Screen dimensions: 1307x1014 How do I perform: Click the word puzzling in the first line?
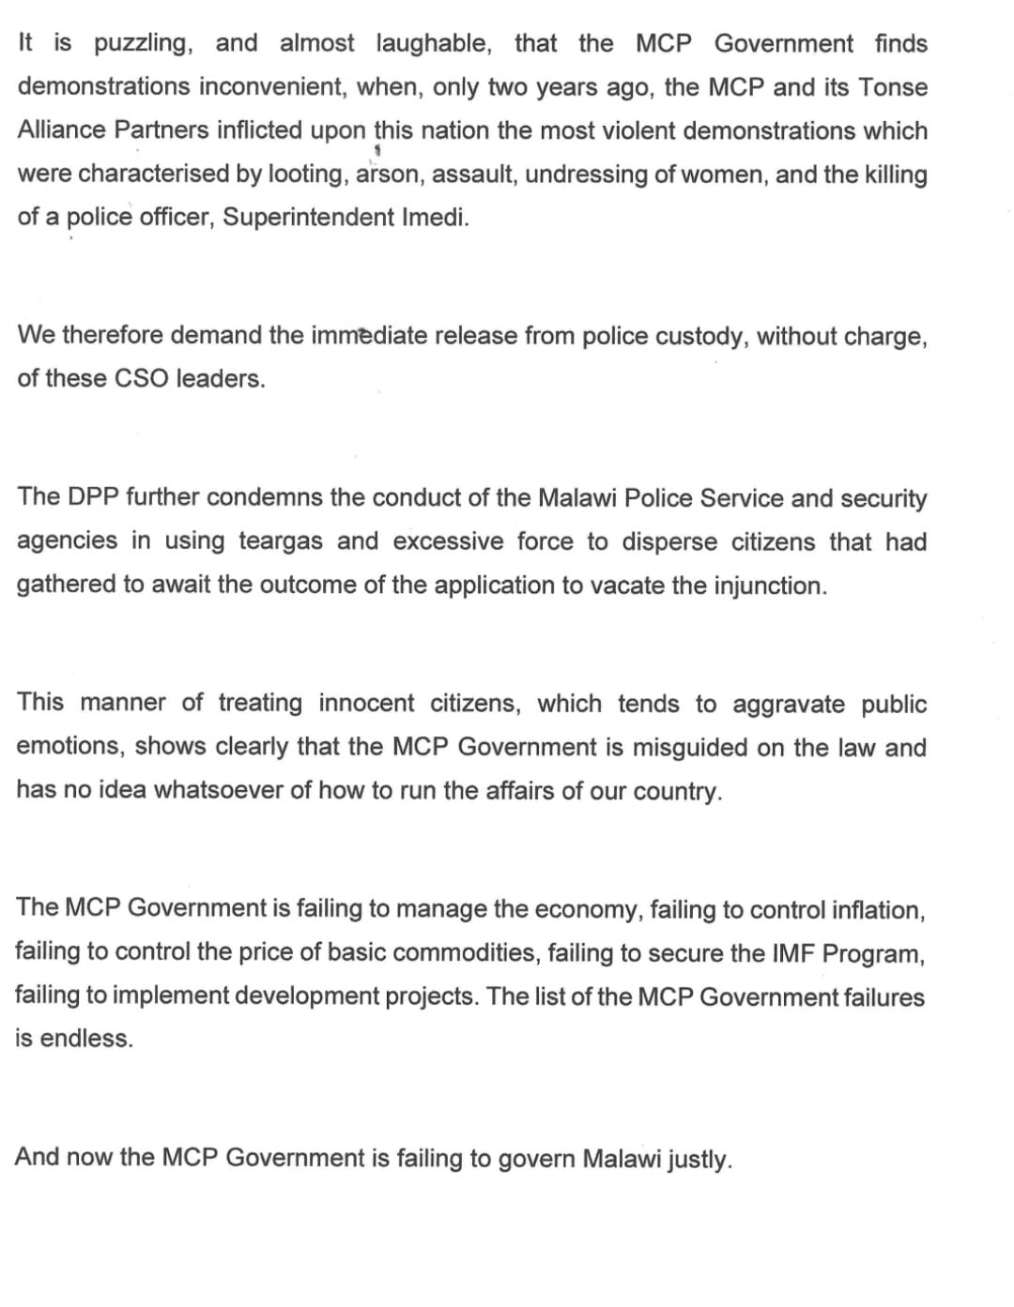tap(141, 44)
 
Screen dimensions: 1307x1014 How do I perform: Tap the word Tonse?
tap(893, 87)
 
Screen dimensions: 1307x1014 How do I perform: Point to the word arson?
tap(389, 175)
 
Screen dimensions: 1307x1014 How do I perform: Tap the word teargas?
tap(280, 541)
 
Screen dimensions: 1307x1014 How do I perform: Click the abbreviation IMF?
tap(792, 953)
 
